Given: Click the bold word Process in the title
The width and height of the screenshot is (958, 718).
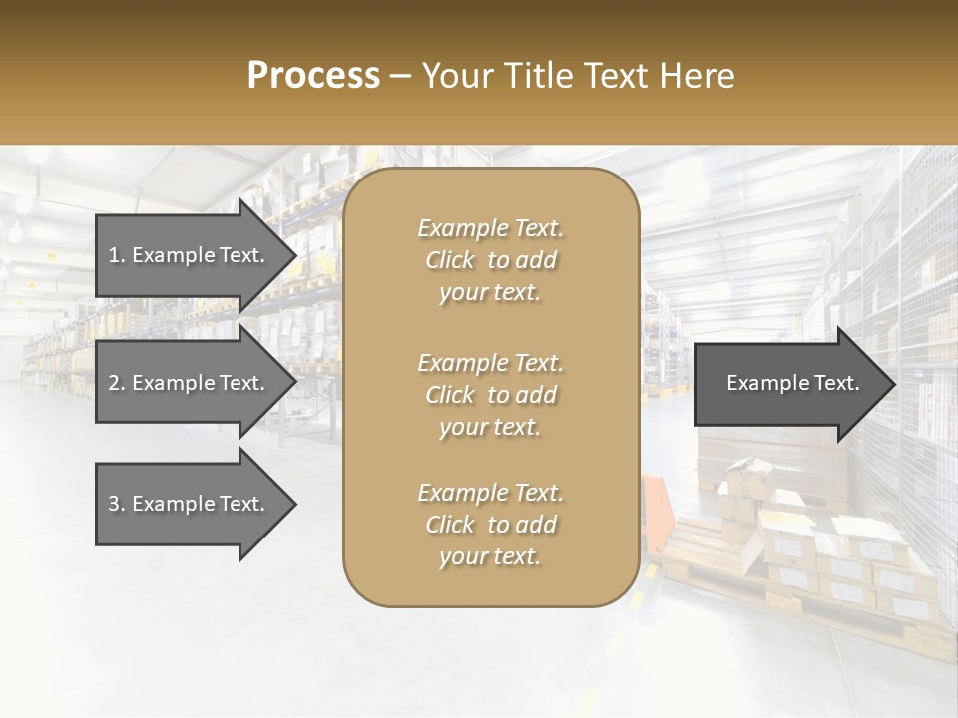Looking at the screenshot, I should tap(313, 76).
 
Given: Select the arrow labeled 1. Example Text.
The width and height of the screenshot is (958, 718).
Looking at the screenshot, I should tap(190, 255).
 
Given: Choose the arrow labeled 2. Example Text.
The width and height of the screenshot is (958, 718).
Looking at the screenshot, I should tap(190, 383).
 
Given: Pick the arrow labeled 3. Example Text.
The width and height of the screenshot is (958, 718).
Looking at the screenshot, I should tap(190, 504).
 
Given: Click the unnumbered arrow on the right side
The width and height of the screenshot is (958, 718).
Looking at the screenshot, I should tap(788, 383).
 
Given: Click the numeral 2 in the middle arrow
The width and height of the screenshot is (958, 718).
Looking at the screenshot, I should tap(114, 383).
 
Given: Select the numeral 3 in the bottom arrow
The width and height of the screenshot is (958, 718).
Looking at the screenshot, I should tap(114, 504).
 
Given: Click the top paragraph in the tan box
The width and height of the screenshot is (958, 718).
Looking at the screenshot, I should tap(490, 260).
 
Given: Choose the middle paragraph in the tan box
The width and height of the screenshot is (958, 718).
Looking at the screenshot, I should tap(490, 395).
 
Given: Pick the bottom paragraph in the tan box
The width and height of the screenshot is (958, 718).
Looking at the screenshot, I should tap(490, 525).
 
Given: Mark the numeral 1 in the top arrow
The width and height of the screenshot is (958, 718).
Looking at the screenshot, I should tap(113, 255).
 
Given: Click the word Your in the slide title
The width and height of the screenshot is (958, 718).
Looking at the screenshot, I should tap(454, 76).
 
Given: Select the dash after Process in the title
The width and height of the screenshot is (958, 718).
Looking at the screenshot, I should tap(401, 76).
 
